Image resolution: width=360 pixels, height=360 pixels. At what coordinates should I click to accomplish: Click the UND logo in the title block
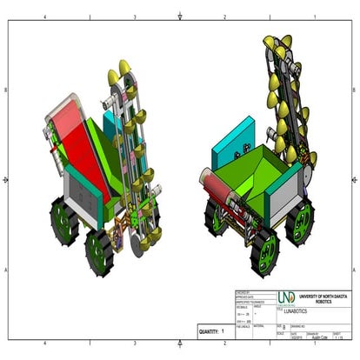(x=285, y=297)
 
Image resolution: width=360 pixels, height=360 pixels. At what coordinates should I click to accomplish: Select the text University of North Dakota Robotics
(x=323, y=297)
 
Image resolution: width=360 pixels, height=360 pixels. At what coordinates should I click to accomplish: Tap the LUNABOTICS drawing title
(x=303, y=310)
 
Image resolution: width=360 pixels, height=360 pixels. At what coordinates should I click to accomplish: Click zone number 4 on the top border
(x=44, y=16)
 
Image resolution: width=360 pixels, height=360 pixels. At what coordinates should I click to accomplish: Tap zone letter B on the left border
(x=8, y=90)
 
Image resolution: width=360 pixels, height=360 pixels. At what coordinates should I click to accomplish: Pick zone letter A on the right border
(x=352, y=270)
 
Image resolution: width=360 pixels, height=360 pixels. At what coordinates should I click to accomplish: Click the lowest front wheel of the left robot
(x=99, y=250)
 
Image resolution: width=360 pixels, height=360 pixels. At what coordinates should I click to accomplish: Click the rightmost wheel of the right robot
(x=303, y=216)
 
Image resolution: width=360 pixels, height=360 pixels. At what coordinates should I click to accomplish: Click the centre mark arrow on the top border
(x=179, y=16)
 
